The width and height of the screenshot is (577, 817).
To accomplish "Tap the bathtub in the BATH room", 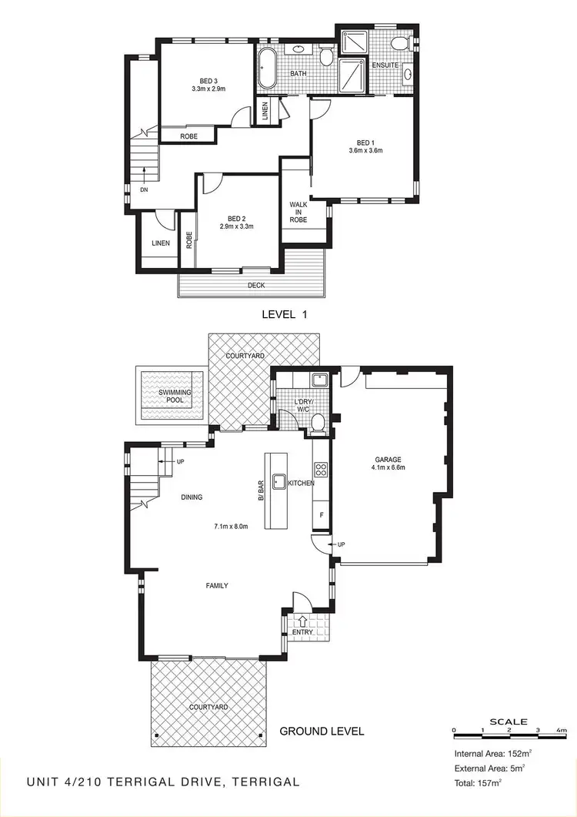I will coord(268,70).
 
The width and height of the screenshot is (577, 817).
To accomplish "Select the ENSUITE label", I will coord(385,65).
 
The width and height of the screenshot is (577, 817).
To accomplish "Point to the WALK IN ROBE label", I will coord(298,213).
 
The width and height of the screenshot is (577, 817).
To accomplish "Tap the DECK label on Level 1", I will coord(256,285).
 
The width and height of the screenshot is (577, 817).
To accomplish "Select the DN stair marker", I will coord(144,189).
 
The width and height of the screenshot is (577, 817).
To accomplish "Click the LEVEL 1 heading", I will coord(285,314).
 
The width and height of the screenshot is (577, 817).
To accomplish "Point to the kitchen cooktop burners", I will coord(319,469).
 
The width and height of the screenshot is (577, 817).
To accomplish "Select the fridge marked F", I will coord(320,514).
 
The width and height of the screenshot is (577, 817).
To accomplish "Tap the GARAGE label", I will coord(389,460).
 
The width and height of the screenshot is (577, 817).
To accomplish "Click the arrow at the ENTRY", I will coord(302,619).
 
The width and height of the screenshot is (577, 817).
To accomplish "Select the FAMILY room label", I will coord(216,586).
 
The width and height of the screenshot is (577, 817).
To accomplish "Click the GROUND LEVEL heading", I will coord(322,731).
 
